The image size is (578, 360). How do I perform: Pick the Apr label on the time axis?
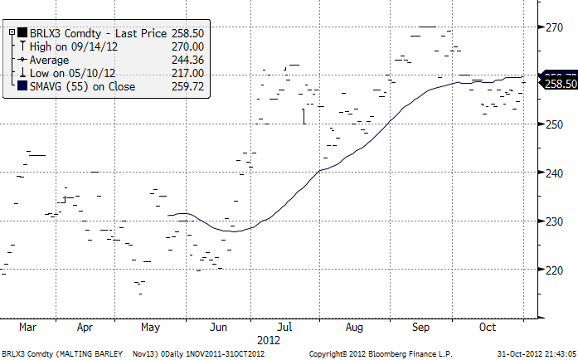coord(85,328)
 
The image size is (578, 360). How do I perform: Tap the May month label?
coord(149,328)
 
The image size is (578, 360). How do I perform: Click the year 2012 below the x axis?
coord(270,340)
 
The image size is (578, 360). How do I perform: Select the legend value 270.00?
coord(187,46)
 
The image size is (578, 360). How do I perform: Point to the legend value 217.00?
coord(187,73)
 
